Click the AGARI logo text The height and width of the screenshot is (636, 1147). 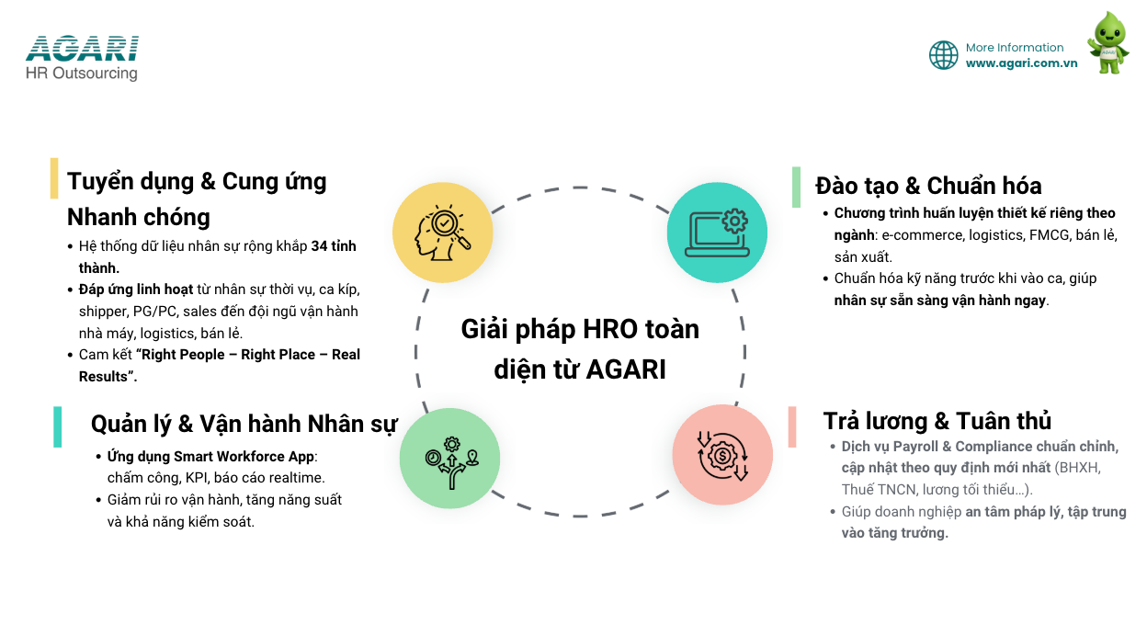click(x=82, y=49)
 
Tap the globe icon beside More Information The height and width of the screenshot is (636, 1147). click(x=943, y=55)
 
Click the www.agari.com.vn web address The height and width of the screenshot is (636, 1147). click(x=1021, y=63)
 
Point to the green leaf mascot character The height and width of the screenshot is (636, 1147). click(x=1108, y=43)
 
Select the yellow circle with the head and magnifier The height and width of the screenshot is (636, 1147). click(x=443, y=233)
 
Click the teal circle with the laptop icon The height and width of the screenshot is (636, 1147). click(x=717, y=233)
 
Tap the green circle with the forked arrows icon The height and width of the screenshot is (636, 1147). click(x=449, y=459)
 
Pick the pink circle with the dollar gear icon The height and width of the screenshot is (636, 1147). click(x=722, y=455)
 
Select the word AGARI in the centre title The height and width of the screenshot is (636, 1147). click(x=626, y=369)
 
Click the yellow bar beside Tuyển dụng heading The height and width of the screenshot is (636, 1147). click(x=54, y=178)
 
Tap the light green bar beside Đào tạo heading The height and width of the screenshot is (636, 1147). click(x=796, y=187)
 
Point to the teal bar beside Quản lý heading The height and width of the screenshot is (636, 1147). click(x=57, y=427)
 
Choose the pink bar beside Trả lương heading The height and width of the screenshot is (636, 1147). click(x=792, y=427)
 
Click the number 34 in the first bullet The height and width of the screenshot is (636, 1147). click(x=319, y=246)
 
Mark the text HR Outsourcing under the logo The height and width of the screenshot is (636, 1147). click(x=82, y=74)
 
